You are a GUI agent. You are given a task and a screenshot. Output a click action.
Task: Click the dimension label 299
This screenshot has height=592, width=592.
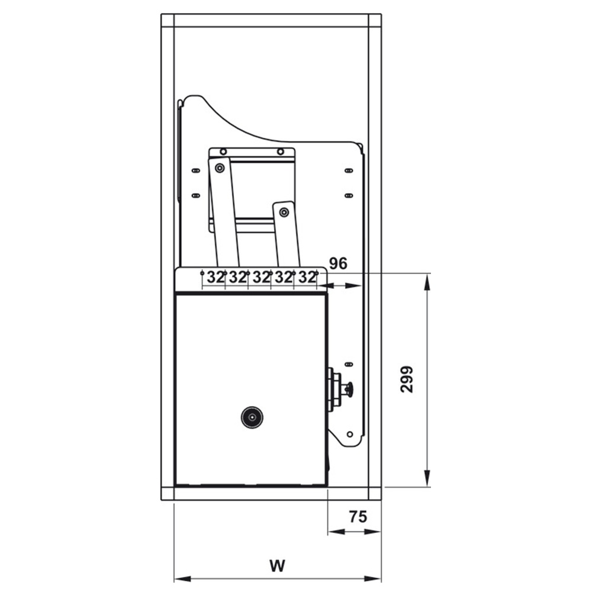(407, 379)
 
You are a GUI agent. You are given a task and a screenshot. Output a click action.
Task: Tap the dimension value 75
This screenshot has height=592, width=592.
(358, 516)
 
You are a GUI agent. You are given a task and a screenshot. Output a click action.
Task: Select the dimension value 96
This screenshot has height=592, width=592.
(338, 263)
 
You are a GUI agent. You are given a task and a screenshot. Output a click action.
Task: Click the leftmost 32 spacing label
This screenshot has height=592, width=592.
(215, 278)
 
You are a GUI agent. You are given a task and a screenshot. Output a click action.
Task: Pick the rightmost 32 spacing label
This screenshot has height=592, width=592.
(307, 278)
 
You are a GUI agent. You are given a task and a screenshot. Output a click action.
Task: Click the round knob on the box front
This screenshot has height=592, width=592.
(252, 417)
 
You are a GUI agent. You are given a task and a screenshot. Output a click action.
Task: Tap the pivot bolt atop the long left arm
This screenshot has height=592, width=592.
(220, 168)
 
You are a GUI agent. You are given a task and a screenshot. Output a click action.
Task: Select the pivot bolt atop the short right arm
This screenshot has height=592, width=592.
(284, 213)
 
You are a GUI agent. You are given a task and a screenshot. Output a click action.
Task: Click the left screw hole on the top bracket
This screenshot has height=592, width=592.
(223, 152)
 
